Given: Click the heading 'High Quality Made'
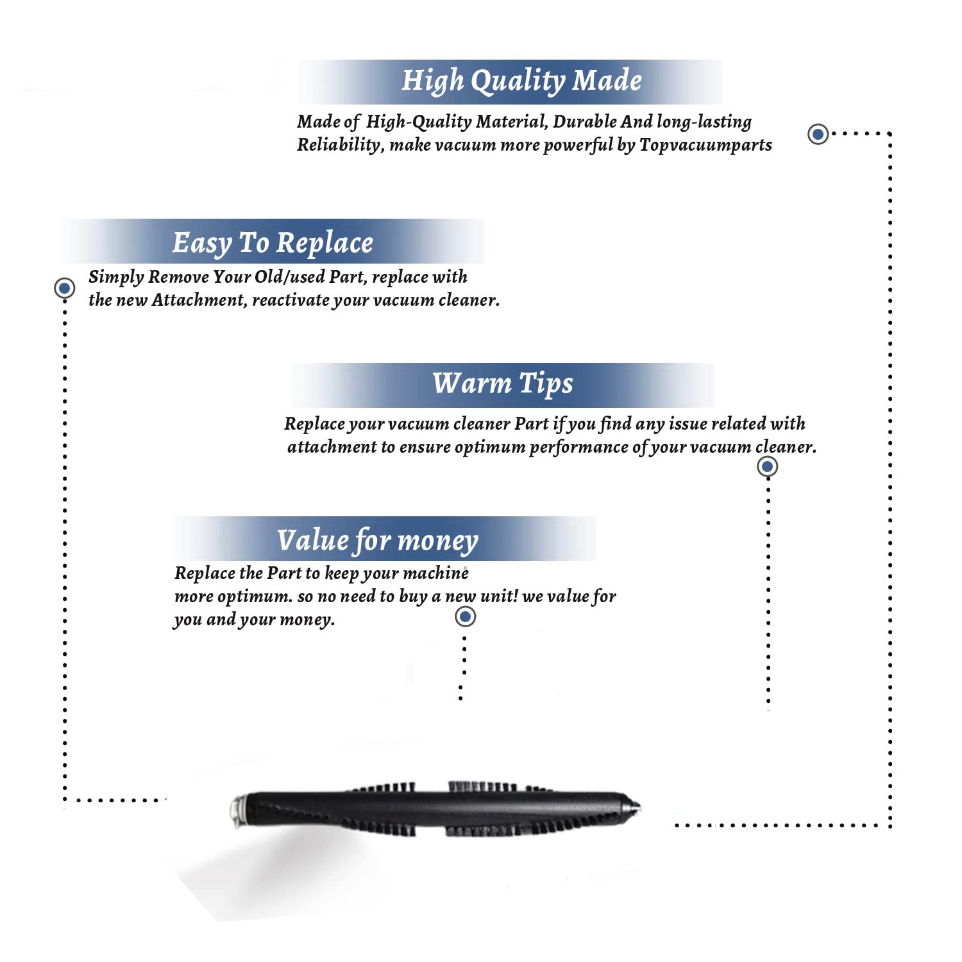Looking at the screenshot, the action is [x=521, y=81].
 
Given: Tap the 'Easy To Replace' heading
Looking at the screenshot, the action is [x=273, y=244].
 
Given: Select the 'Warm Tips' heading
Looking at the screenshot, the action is [x=503, y=384].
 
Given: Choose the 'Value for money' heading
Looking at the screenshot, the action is [x=377, y=541].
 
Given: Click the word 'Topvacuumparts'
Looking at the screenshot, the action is [x=705, y=146].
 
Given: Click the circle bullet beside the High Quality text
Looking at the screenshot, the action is [x=818, y=134].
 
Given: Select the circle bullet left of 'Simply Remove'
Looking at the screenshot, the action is [x=64, y=288].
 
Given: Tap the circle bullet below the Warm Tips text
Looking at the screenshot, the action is [x=767, y=466].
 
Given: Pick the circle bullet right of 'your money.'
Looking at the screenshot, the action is [x=465, y=617].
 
